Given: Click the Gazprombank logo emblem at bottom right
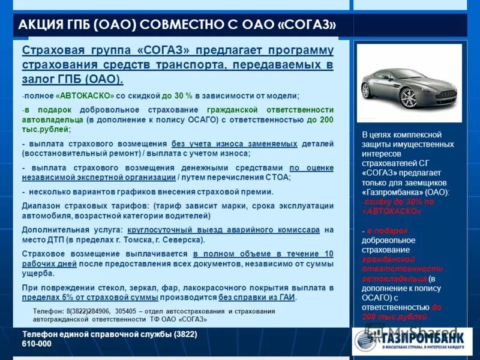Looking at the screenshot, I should pyautogui.click(x=366, y=340).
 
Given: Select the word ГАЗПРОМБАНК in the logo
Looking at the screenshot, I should pyautogui.click(x=421, y=338).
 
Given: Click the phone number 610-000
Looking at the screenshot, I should pyautogui.click(x=37, y=344).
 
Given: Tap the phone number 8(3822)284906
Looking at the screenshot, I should pyautogui.click(x=88, y=311).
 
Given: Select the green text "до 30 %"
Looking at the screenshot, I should pyautogui.click(x=177, y=96).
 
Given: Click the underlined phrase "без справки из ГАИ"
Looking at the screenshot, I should pyautogui.click(x=257, y=297).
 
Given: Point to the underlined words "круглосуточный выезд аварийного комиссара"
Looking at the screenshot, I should pyautogui.click(x=223, y=230).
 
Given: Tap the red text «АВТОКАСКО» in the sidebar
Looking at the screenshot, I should pyautogui.click(x=392, y=211).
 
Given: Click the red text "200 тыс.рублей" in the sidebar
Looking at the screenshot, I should pyautogui.click(x=395, y=317).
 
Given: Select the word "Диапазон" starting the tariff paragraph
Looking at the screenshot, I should pyautogui.click(x=41, y=205).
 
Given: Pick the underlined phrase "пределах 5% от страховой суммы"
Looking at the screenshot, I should pyautogui.click(x=90, y=297).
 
